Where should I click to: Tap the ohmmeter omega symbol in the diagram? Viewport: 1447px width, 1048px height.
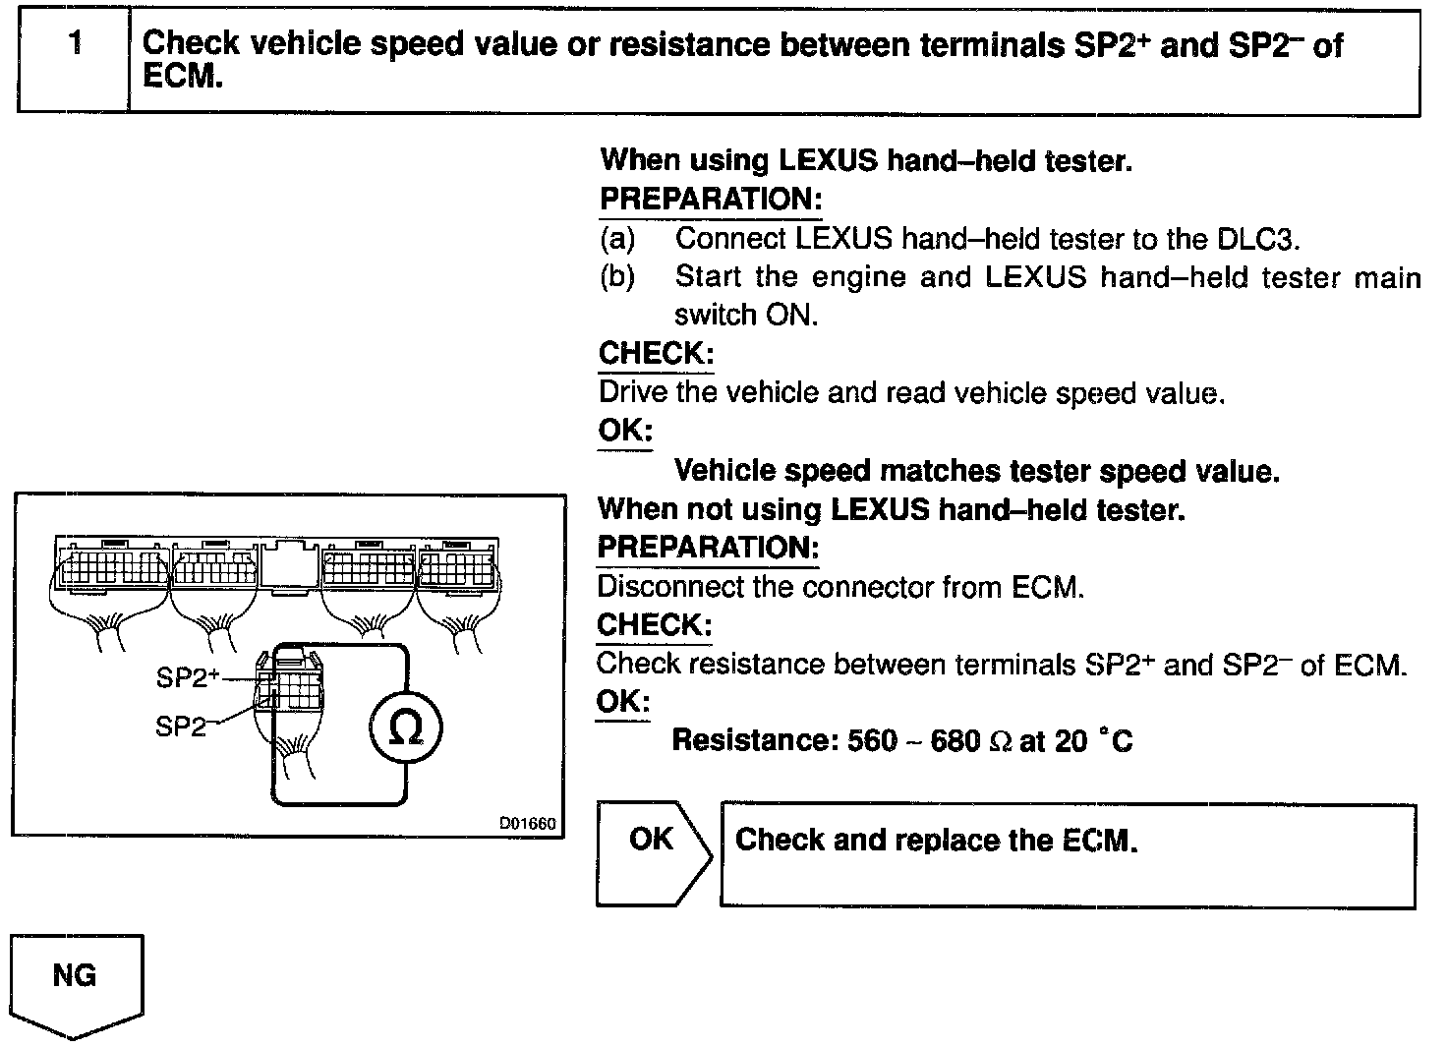pyautogui.click(x=405, y=728)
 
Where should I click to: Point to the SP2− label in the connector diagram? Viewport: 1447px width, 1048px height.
pyautogui.click(x=184, y=727)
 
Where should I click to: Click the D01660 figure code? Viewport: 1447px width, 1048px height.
pyautogui.click(x=527, y=824)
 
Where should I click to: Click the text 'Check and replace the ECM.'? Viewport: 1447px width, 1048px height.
pyautogui.click(x=936, y=840)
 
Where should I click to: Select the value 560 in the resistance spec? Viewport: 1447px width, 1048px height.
pyautogui.click(x=872, y=740)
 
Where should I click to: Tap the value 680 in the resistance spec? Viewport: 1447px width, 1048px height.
pyautogui.click(x=955, y=740)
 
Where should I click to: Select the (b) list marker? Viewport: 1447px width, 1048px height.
pyautogui.click(x=616, y=277)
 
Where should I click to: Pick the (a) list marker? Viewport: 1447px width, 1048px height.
pyautogui.click(x=616, y=239)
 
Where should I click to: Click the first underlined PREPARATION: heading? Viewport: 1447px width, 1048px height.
pyautogui.click(x=710, y=200)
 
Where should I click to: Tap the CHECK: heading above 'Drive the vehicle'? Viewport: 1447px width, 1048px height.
pyautogui.click(x=655, y=354)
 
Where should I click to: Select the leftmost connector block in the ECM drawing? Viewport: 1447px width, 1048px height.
pyautogui.click(x=110, y=567)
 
